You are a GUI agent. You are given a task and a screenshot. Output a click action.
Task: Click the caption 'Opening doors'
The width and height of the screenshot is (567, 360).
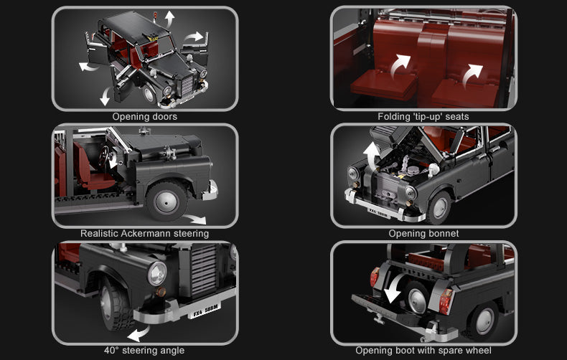[x=144, y=116]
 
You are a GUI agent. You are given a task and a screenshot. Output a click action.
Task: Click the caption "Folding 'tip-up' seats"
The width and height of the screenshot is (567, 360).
[x=423, y=116]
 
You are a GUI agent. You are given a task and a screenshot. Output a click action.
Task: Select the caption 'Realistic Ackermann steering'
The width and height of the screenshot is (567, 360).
[x=144, y=233]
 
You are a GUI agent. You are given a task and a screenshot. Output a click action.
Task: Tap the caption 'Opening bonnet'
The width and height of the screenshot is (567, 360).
[x=423, y=233]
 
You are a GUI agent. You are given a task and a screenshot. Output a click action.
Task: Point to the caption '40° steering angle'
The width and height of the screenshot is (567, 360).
[x=144, y=351]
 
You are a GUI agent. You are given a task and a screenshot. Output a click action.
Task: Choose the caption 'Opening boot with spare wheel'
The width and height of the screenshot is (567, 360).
[x=423, y=351]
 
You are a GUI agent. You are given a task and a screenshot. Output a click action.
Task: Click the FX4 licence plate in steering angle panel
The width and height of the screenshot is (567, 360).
[x=205, y=310]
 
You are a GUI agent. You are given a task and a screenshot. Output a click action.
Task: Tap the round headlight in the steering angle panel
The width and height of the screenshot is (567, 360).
[x=156, y=273]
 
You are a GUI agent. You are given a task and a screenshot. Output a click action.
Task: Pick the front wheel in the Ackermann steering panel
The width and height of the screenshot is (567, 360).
[x=167, y=200]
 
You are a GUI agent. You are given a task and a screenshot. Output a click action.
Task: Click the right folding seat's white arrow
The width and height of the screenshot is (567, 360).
[x=472, y=74]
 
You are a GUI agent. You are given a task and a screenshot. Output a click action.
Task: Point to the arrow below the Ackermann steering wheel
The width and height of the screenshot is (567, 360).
[x=193, y=219]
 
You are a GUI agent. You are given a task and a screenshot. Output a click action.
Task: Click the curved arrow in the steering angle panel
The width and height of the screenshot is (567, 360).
[x=138, y=333]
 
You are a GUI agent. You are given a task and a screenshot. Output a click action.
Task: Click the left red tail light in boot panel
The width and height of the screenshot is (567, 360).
[x=374, y=277]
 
